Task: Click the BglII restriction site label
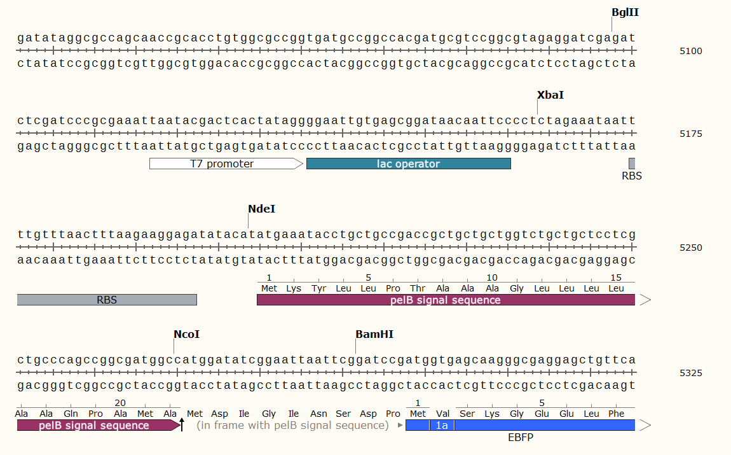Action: pos(625,13)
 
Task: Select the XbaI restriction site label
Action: pos(550,95)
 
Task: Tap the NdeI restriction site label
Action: pos(261,209)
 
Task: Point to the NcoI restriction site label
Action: pos(186,335)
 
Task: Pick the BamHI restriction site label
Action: pos(374,335)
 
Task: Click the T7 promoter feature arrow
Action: pos(226,164)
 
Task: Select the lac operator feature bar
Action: pos(408,164)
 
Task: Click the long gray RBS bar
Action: pos(107,300)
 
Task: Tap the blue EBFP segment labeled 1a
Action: pos(442,426)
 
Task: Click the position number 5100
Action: pos(690,52)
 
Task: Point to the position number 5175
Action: pos(690,134)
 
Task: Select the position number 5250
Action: pos(690,248)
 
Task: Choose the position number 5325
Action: pos(690,374)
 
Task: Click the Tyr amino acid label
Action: pos(318,289)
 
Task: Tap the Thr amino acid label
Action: pos(417,289)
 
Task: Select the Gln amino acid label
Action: pos(71,414)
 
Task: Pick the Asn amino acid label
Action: pos(318,414)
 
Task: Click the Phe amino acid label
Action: pos(616,414)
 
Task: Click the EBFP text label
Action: pos(520,438)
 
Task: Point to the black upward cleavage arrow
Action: pos(182,424)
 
